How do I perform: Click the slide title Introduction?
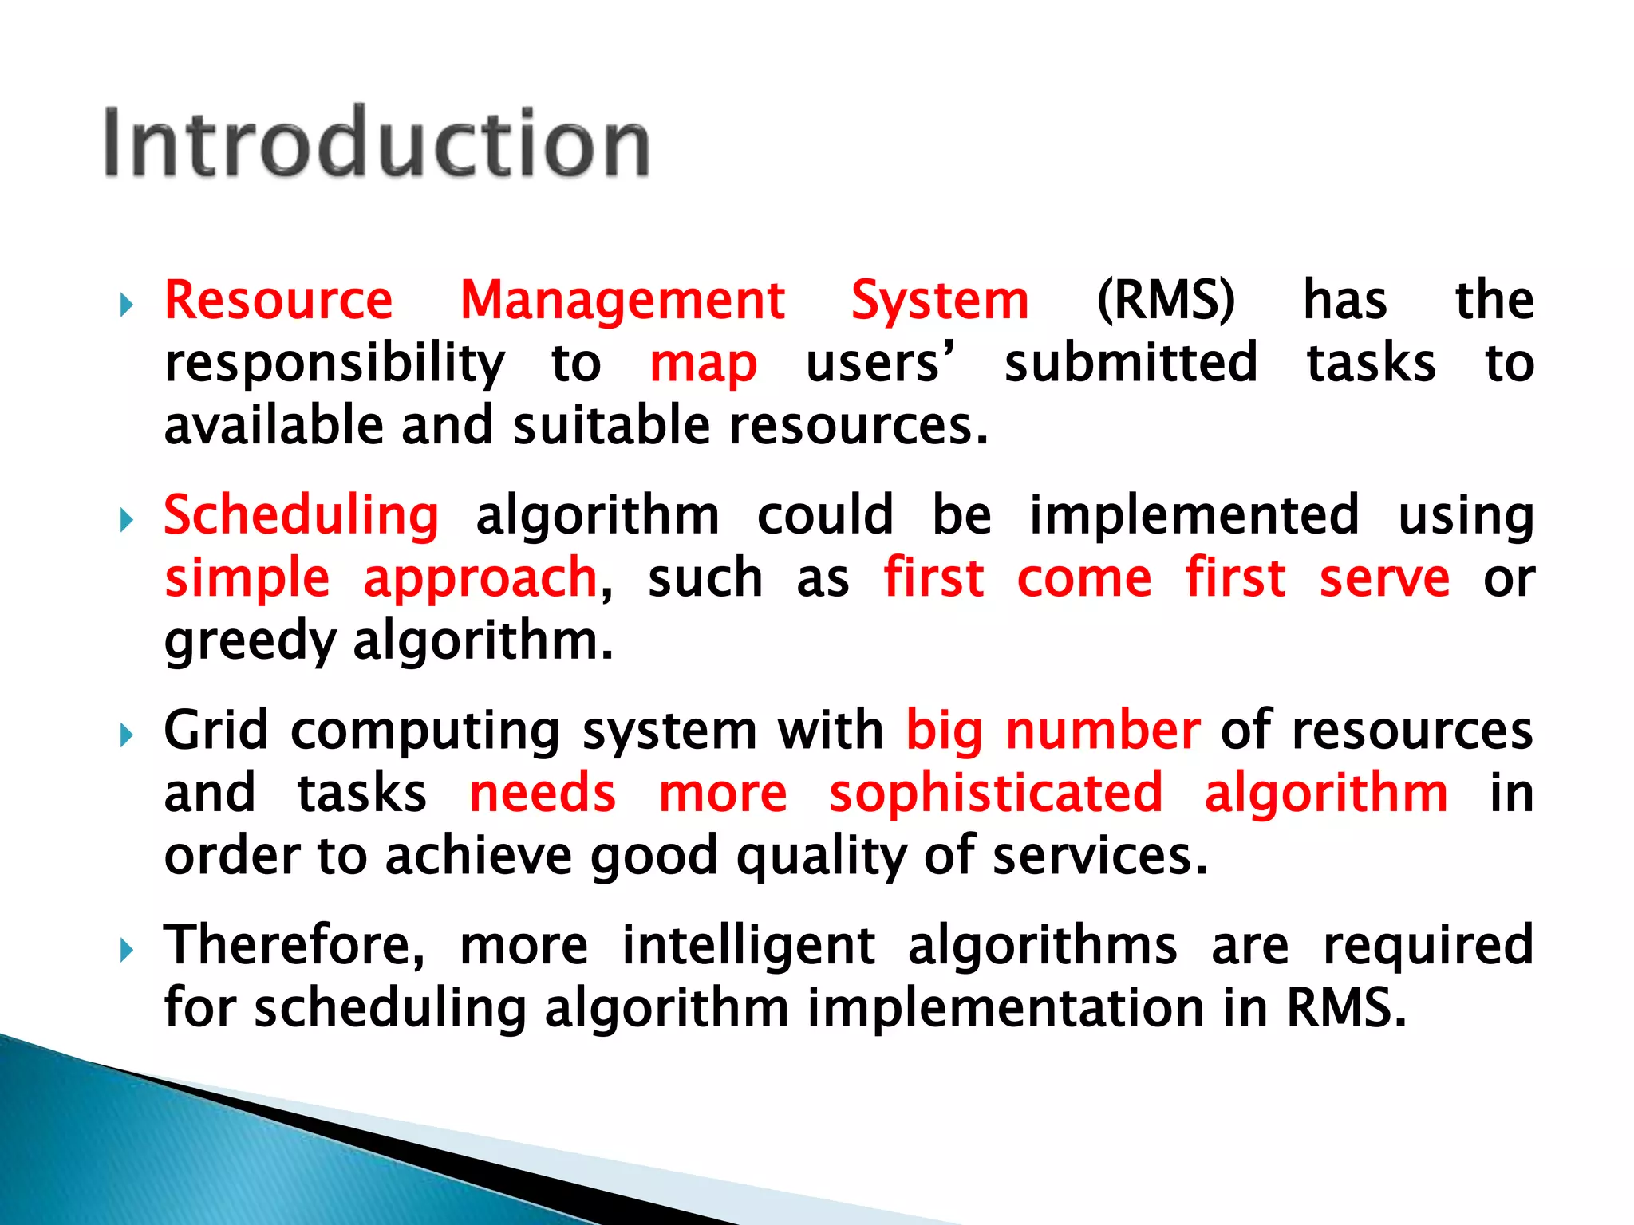click(x=377, y=144)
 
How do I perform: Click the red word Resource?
click(x=278, y=301)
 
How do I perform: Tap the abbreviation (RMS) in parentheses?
click(x=1166, y=301)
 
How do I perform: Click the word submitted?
click(x=1131, y=363)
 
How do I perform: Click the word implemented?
click(x=1194, y=515)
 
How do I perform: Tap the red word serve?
click(x=1384, y=579)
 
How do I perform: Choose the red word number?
click(x=1103, y=731)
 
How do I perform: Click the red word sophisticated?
click(x=996, y=794)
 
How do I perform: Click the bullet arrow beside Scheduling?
click(x=126, y=521)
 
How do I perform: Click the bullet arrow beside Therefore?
click(x=126, y=950)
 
